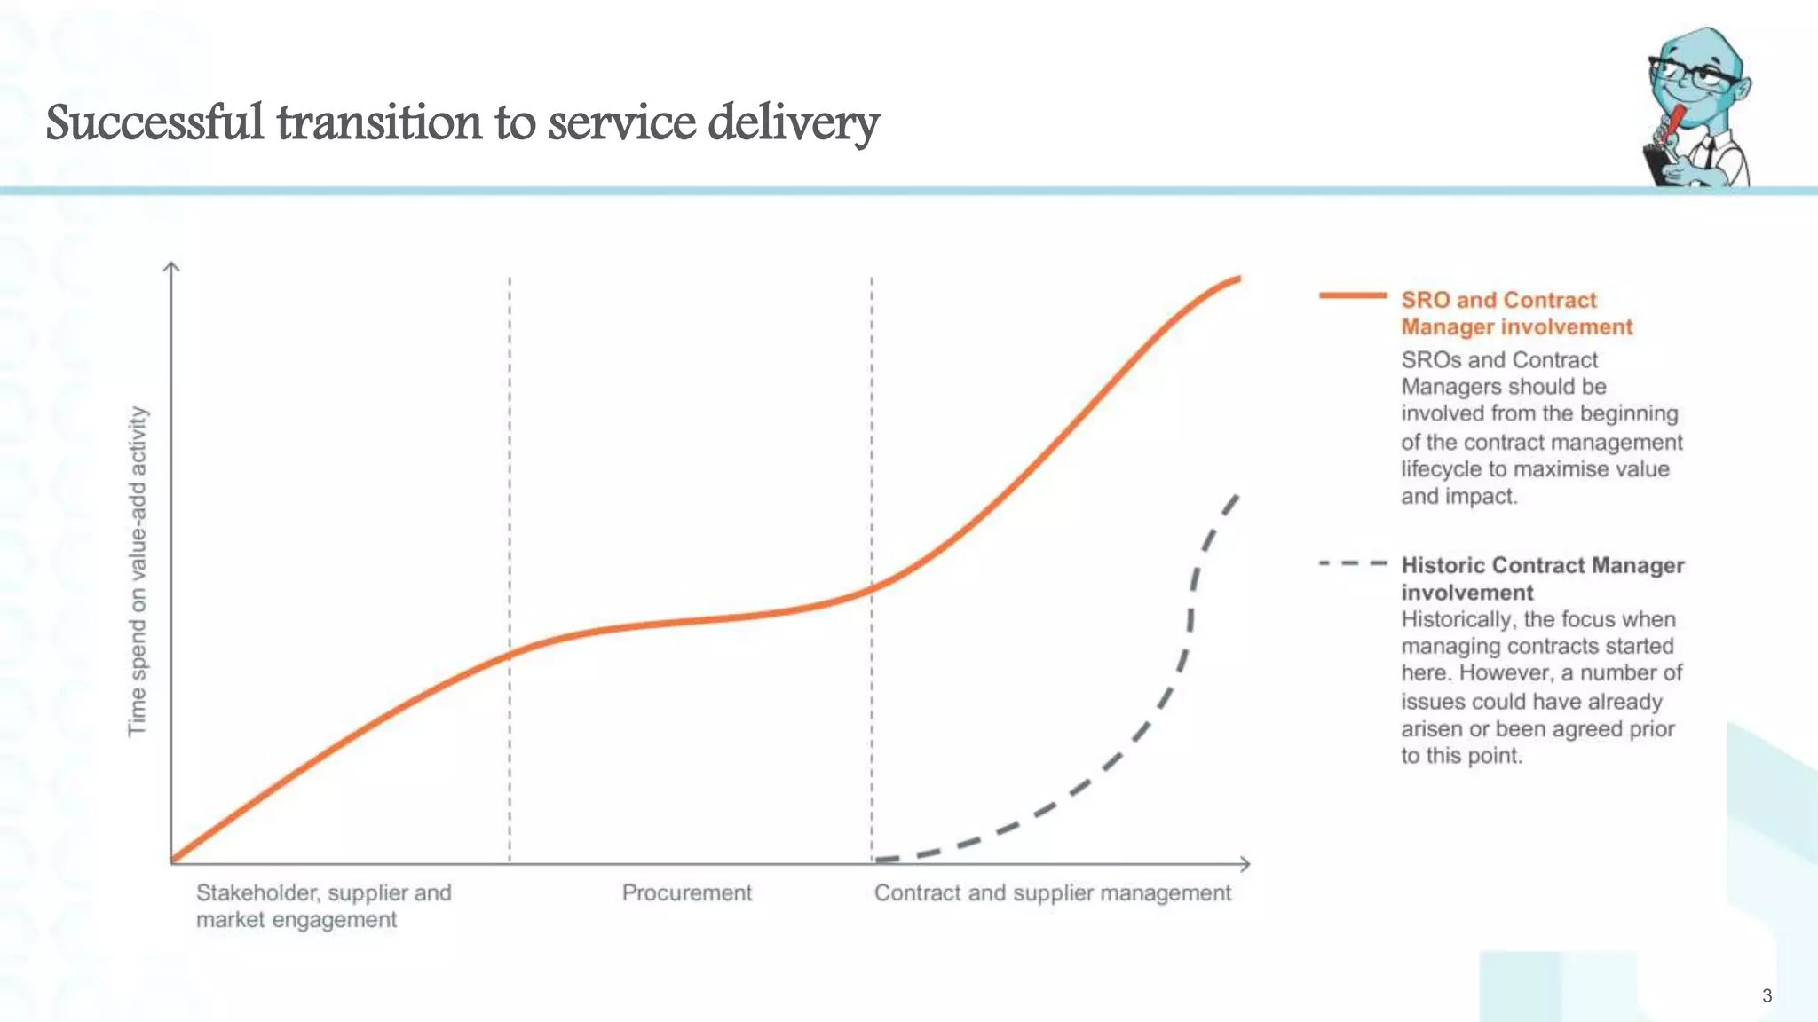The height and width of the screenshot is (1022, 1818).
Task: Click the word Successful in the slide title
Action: point(154,122)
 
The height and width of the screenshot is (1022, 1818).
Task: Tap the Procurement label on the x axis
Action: point(686,892)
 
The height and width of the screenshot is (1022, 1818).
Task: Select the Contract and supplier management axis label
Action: point(1052,892)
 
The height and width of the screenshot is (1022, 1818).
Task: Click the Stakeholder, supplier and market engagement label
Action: point(323,906)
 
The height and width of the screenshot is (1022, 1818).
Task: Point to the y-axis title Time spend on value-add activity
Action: point(138,570)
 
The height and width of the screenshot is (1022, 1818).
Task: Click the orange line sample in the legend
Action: point(1352,295)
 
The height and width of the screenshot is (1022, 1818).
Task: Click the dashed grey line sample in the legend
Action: point(1352,563)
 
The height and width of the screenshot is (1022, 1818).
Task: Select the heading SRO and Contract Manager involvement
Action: point(1515,313)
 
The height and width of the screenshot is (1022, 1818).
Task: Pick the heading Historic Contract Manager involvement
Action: point(1541,578)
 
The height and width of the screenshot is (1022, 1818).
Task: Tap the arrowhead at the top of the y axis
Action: point(171,265)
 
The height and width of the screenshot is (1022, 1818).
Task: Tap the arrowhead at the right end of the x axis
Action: point(1245,863)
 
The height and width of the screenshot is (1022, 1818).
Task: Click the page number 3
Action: point(1767,995)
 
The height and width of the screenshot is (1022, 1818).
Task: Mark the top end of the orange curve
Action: point(1237,279)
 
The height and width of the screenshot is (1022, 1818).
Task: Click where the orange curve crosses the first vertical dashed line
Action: point(510,656)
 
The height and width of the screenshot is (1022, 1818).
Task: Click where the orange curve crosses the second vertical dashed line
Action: point(872,587)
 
